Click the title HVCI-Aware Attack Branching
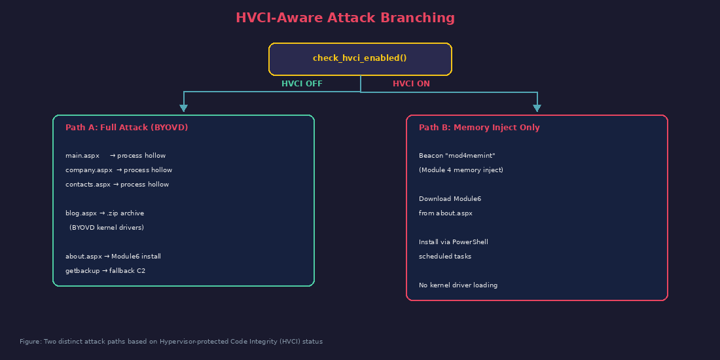point(345,18)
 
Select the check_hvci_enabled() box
point(360,59)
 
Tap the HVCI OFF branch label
point(302,84)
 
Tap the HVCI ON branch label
point(411,84)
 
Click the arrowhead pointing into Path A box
point(183,108)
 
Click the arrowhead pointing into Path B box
point(537,108)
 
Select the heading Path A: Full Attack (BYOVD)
point(126,128)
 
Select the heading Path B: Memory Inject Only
point(479,128)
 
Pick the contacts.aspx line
point(117,185)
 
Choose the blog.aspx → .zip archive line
point(105,213)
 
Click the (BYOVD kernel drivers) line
point(107,228)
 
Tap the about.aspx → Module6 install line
point(113,257)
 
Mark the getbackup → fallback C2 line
point(105,271)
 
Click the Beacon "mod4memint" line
point(457,156)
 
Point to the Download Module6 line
point(450,199)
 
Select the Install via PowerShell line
point(454,242)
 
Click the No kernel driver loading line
point(458,285)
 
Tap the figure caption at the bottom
point(171,342)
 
